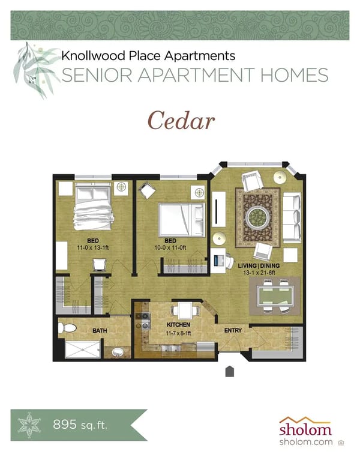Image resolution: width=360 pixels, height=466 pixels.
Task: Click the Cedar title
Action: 181,121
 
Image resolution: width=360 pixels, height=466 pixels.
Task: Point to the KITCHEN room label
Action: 178,325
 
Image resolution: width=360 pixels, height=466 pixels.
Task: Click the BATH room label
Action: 99,330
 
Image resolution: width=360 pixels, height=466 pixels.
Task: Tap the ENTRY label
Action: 233,330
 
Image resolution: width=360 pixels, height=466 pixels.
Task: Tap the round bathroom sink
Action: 117,351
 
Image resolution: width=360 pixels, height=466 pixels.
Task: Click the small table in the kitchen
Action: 184,310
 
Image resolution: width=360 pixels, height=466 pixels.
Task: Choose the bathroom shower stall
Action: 80,349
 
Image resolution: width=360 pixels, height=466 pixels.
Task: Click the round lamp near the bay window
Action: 280,177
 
